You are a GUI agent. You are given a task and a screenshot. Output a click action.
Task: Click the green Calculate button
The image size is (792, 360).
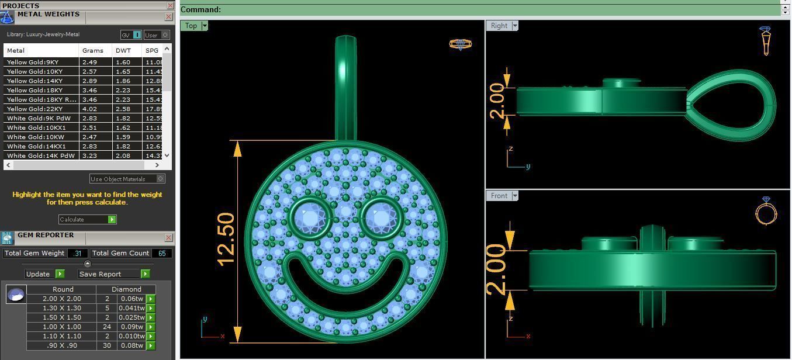tap(87, 219)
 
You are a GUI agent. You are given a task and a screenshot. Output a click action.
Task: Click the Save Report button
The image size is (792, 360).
tap(113, 274)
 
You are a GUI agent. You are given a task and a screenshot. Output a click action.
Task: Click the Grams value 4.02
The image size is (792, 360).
tap(89, 109)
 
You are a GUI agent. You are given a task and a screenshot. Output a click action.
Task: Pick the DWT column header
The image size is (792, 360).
tap(123, 50)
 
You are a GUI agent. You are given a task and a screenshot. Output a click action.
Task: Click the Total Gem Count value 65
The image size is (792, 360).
tap(161, 253)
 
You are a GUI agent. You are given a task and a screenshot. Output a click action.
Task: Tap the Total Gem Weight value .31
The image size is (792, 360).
tap(77, 253)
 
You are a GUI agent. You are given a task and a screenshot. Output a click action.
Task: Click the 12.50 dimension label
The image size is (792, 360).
tap(226, 239)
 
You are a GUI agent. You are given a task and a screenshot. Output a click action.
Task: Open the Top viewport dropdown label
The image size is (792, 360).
tap(195, 26)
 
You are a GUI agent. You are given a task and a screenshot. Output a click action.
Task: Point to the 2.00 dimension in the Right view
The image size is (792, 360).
tap(497, 101)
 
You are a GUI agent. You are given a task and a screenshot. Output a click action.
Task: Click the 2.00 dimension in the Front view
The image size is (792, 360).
tap(496, 269)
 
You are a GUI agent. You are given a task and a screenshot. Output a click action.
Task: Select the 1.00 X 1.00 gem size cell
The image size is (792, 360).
tap(62, 327)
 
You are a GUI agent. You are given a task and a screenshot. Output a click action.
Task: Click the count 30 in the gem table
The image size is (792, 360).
tap(107, 345)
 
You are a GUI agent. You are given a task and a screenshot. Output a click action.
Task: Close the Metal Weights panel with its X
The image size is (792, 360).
tap(168, 17)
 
